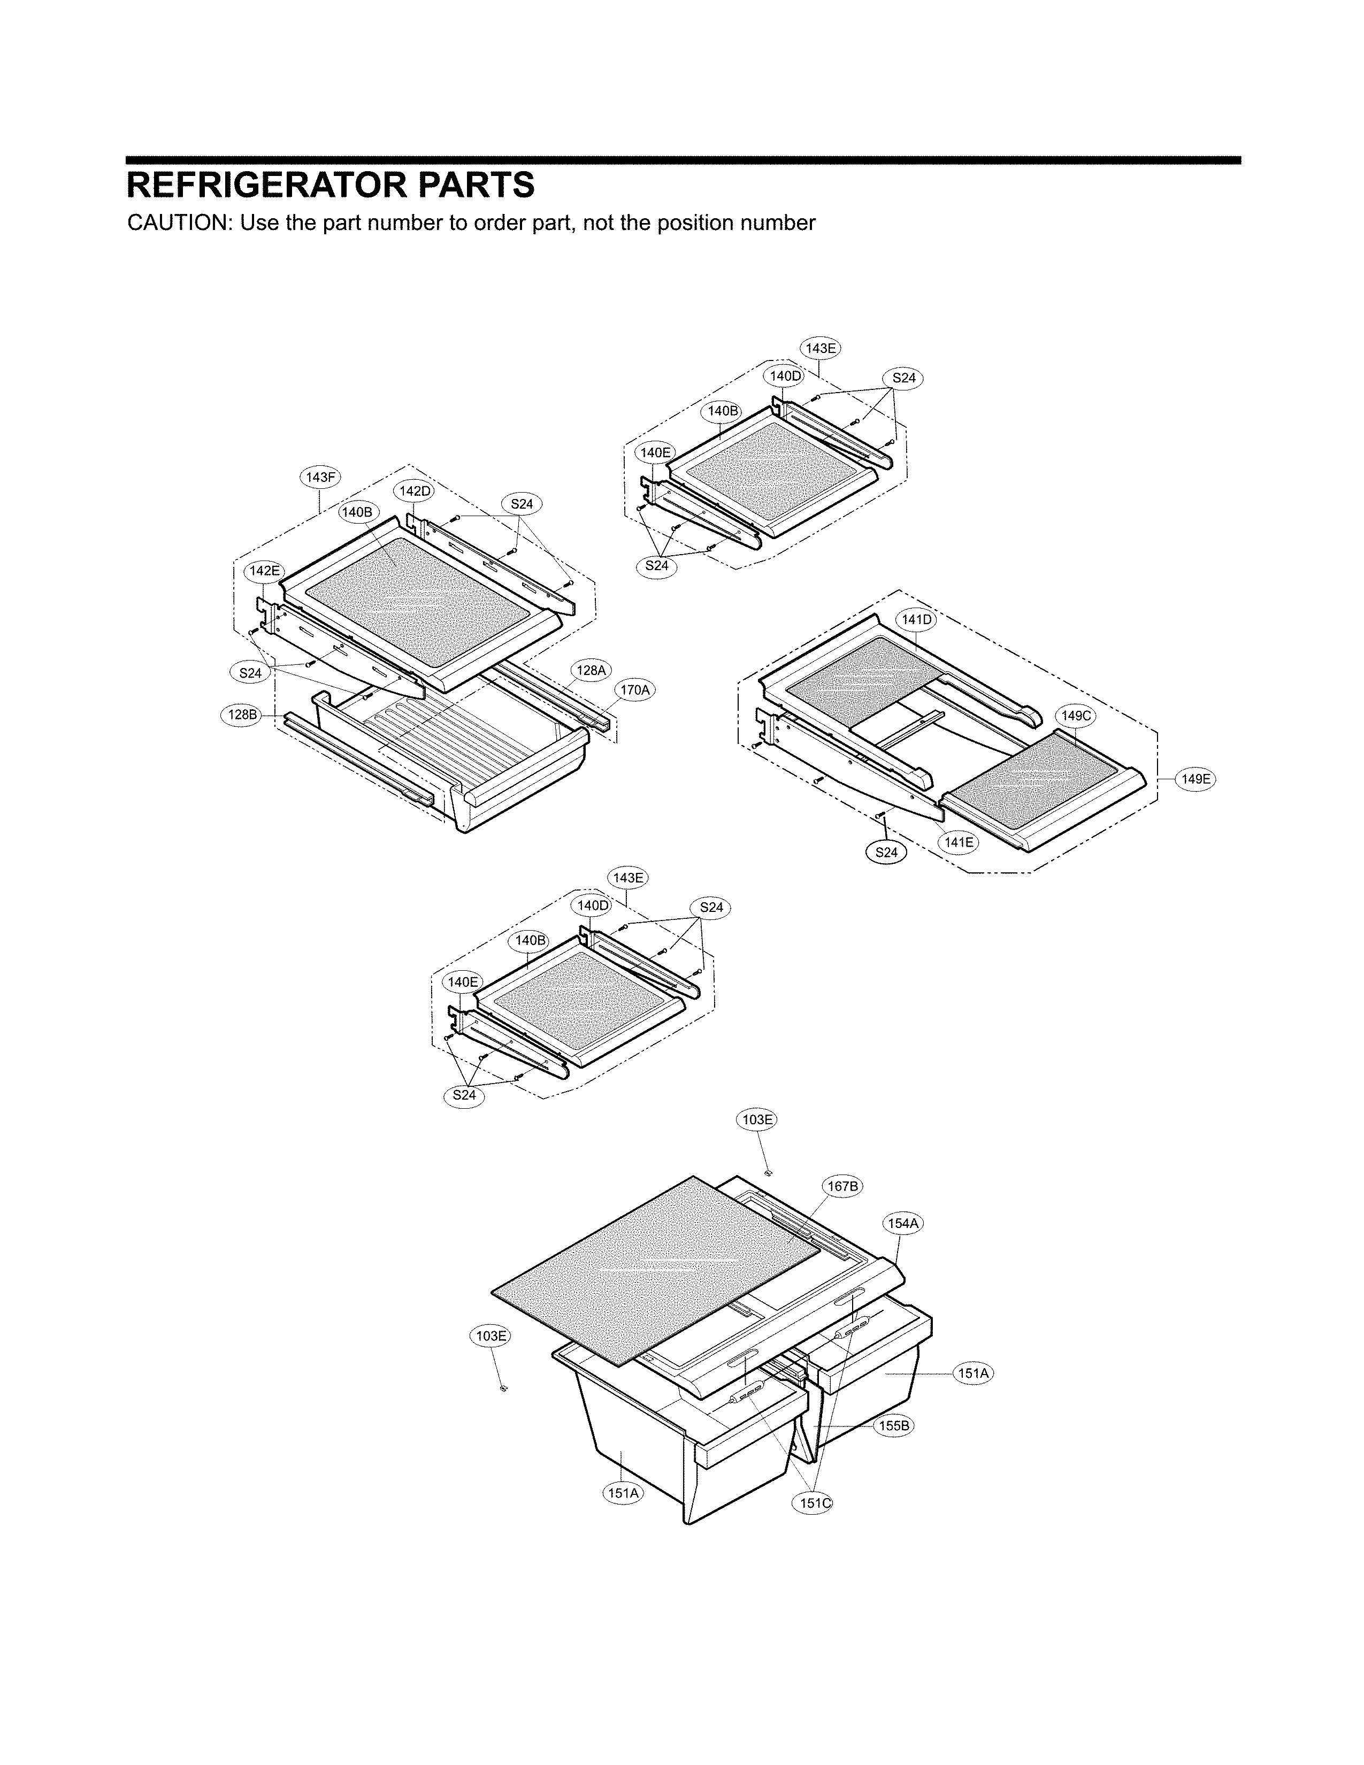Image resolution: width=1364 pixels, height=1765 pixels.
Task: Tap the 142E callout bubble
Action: point(264,571)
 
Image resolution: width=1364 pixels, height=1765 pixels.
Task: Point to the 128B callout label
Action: point(241,715)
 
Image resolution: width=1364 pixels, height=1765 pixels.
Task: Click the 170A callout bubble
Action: point(634,689)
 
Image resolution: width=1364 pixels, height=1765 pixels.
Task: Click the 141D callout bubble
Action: point(916,620)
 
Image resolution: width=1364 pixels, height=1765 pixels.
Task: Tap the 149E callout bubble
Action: point(1196,779)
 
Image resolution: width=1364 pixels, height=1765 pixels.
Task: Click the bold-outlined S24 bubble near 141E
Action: point(886,852)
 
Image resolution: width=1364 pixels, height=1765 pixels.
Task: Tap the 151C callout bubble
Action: point(813,1503)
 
